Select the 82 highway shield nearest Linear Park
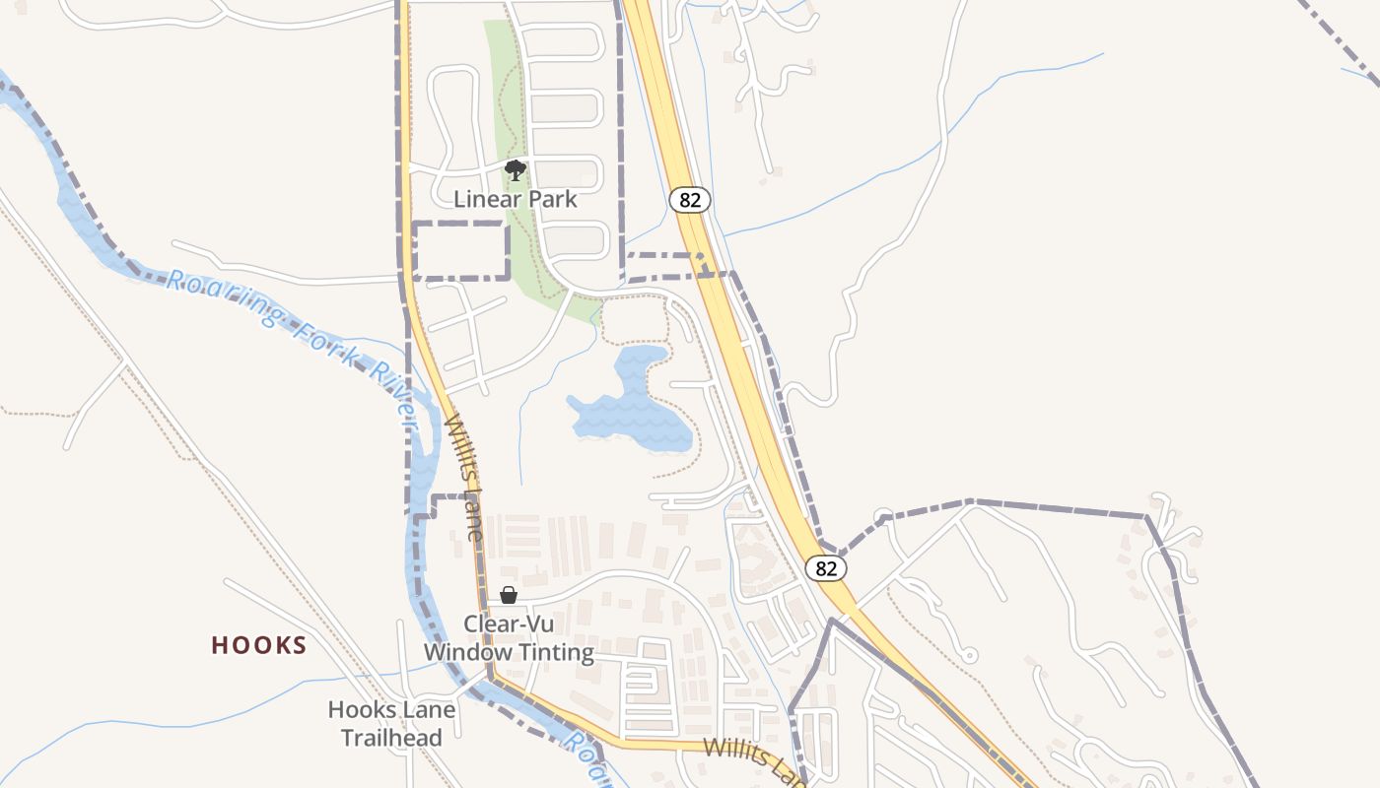[x=690, y=200]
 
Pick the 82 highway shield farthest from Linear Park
[x=826, y=568]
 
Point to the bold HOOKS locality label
[x=259, y=645]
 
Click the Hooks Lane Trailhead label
[x=391, y=723]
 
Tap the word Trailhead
[x=391, y=737]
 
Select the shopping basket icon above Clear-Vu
[x=509, y=595]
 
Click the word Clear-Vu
[x=509, y=624]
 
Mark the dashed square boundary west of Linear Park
[x=460, y=251]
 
